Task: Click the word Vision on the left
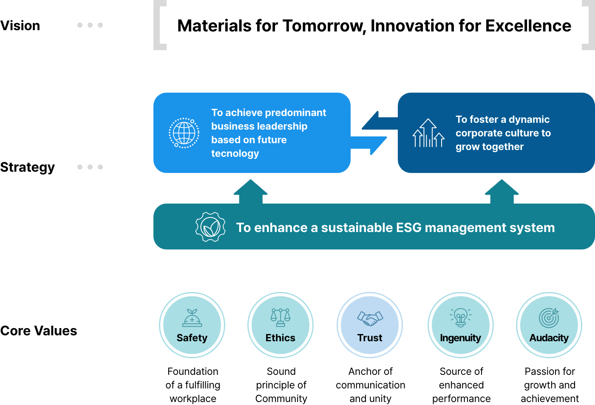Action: tap(20, 26)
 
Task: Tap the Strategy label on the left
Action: tap(28, 167)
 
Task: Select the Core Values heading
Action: tap(39, 331)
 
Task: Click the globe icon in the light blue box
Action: tap(184, 133)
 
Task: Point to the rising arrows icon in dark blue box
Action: tap(428, 133)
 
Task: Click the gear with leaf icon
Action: tap(210, 227)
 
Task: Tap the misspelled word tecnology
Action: tap(235, 153)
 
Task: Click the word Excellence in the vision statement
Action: tap(528, 26)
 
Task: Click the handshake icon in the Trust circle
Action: tap(370, 318)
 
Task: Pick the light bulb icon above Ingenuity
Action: tap(461, 317)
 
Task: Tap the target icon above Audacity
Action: tap(549, 317)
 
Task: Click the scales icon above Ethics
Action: tap(280, 317)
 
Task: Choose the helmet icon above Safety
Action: tap(192, 318)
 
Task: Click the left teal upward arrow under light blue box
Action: tap(250, 192)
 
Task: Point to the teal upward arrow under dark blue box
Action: tap(501, 192)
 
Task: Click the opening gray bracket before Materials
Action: tap(159, 25)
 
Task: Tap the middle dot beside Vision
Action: tap(90, 25)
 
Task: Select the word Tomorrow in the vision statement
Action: tap(323, 26)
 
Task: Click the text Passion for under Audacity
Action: tap(550, 371)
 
